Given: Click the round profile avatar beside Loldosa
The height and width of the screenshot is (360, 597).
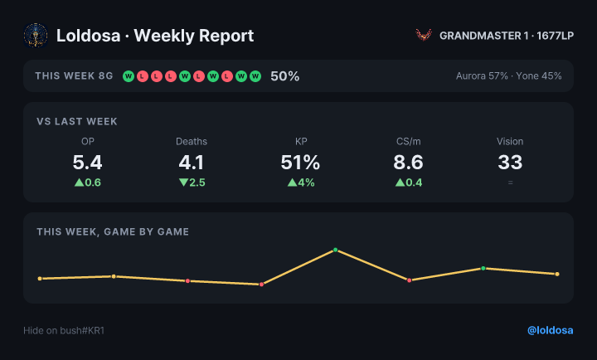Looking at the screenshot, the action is (x=36, y=36).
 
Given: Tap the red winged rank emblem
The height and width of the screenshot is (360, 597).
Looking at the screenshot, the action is (x=424, y=36).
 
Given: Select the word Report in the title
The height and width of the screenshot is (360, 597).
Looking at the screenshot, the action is (x=226, y=36).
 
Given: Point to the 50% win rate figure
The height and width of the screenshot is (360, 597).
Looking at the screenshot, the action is (x=284, y=76).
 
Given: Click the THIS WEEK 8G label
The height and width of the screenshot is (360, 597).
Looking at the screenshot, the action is (x=75, y=76).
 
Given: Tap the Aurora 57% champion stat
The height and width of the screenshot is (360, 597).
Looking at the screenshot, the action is (x=482, y=76).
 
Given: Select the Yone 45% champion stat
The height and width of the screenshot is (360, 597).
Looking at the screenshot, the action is (x=539, y=76).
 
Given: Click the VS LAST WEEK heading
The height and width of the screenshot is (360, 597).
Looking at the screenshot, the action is (x=77, y=122).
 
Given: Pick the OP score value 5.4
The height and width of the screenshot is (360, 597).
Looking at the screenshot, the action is (x=88, y=163).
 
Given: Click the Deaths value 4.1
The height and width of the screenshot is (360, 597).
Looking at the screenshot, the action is (x=192, y=163).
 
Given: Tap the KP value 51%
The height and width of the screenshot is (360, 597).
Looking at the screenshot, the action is (x=300, y=163).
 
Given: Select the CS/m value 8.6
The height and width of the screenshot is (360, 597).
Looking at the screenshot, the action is (x=408, y=163).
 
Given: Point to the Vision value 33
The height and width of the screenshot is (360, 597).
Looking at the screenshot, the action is (x=510, y=163).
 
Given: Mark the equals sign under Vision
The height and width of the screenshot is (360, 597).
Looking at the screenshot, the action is (x=510, y=182).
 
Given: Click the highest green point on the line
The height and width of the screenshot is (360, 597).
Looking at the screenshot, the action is (x=336, y=250).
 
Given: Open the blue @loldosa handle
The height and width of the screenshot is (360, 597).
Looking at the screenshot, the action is (x=551, y=330).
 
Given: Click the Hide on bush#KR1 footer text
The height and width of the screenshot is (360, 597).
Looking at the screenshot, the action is (x=64, y=330).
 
